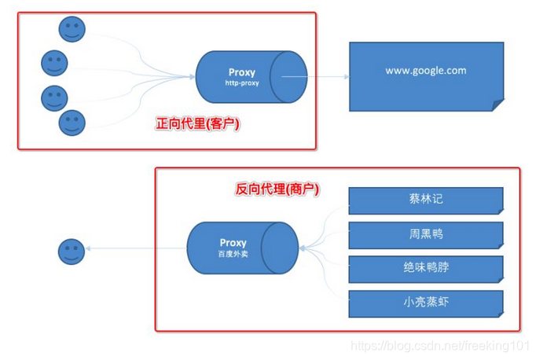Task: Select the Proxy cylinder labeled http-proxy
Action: tap(250, 77)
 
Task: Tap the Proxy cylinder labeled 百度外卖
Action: tap(241, 248)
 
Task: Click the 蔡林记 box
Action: tap(425, 200)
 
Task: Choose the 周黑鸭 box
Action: tap(425, 234)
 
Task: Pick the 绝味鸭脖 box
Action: tap(425, 268)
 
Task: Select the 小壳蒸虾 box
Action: tap(425, 303)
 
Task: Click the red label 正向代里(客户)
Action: tap(197, 123)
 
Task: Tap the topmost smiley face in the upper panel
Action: tap(72, 28)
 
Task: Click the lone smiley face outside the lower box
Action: tap(72, 252)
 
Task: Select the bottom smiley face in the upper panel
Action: tap(72, 123)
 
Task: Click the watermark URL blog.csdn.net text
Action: tap(440, 346)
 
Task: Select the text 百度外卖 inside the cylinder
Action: tap(233, 255)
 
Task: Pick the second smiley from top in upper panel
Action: tap(54, 62)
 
